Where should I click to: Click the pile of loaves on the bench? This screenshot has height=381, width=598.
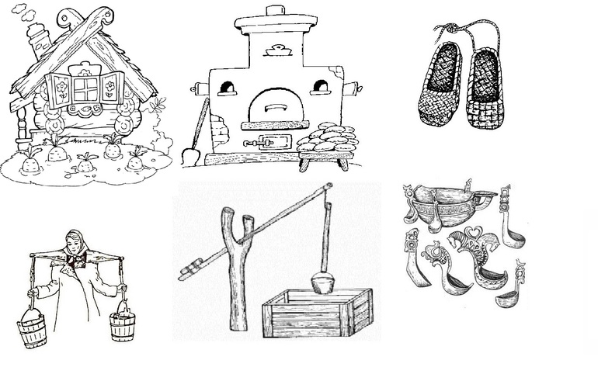point(326,140)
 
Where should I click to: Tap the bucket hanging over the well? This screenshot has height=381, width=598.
point(323,282)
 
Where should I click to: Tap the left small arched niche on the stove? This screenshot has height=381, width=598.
point(226,88)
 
